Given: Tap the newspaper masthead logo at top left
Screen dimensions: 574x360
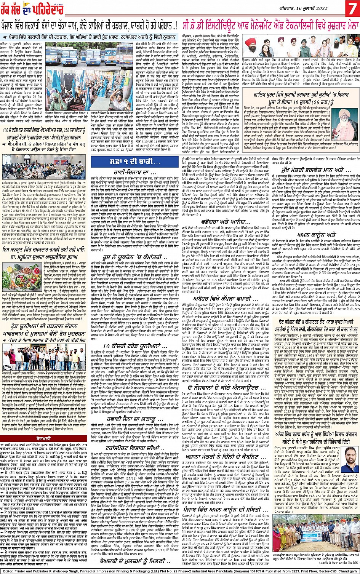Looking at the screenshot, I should click(x=25, y=8).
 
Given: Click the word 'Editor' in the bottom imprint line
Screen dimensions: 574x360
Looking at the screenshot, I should click(x=8, y=570).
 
